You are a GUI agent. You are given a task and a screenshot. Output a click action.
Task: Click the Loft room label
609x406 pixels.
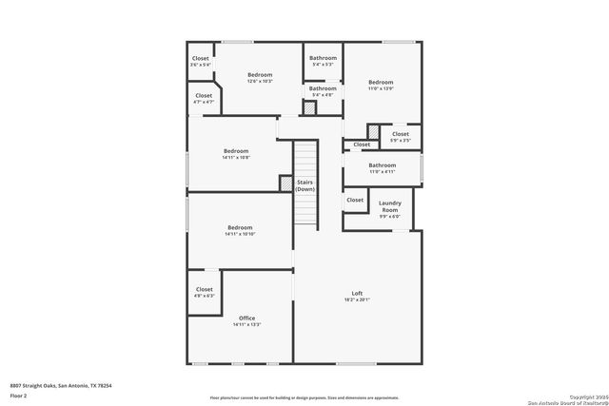(357, 293)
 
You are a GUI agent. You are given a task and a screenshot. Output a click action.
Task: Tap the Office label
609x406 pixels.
(246, 318)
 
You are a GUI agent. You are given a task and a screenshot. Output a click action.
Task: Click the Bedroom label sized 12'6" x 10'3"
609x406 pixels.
(260, 74)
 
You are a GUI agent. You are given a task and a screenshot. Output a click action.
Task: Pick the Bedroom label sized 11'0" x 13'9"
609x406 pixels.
(381, 82)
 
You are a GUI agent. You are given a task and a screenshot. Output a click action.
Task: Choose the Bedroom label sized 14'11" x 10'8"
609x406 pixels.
(236, 151)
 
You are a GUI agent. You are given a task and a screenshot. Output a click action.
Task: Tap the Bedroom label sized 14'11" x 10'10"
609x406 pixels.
(240, 227)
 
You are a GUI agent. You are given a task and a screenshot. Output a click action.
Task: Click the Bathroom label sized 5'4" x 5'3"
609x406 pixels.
(323, 58)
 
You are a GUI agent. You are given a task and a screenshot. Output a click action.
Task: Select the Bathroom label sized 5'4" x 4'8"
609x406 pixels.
(323, 88)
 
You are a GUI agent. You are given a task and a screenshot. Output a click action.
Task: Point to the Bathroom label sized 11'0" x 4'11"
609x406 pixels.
(383, 165)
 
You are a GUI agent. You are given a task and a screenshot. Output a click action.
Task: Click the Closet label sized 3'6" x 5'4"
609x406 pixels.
(200, 58)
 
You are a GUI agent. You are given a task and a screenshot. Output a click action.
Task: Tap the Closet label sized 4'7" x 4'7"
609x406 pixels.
(204, 95)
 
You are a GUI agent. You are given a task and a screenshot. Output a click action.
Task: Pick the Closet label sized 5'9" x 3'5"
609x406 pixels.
(401, 134)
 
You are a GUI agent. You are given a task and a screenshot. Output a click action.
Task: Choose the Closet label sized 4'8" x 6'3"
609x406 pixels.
(205, 289)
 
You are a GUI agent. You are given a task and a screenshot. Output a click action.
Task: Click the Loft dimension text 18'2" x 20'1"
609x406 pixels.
(357, 300)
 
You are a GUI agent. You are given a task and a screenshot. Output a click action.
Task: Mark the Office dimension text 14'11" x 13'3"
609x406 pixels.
(246, 324)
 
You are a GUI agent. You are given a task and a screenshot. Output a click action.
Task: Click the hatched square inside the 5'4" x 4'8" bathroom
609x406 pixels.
(309, 107)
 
